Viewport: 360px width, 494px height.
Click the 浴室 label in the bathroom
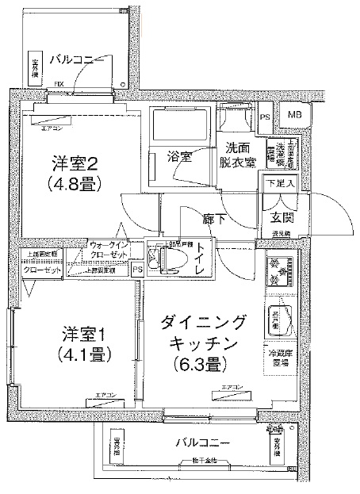(x=178, y=155)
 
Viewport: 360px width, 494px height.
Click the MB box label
(x=294, y=116)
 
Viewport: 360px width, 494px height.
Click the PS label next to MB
(x=264, y=117)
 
